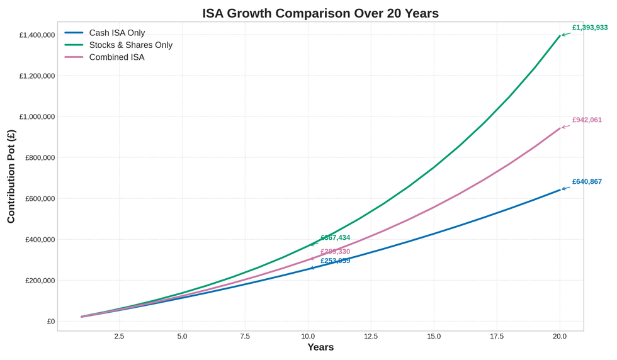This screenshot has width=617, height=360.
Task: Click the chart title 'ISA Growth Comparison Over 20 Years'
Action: (320, 13)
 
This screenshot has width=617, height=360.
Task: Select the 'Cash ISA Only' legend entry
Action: (116, 33)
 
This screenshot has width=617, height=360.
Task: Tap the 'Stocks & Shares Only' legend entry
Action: (130, 45)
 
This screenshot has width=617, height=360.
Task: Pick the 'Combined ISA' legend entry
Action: (116, 57)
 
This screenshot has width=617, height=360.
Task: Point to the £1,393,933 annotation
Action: (589, 28)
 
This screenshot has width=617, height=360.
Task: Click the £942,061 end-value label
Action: (587, 120)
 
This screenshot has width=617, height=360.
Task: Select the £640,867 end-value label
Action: (587, 181)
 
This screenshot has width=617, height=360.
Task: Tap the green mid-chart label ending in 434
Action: (335, 238)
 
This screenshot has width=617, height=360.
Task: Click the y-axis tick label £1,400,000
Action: (37, 35)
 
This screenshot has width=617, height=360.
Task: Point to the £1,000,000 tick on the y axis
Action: (37, 116)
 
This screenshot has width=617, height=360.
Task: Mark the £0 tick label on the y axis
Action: (50, 321)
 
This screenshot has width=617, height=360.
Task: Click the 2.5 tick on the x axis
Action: (119, 336)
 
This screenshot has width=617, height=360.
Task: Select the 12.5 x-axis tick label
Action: (371, 336)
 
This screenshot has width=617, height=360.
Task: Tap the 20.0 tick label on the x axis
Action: (560, 336)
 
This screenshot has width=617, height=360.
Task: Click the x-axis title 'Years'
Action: (320, 347)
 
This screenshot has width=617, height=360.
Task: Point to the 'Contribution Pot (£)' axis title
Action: (11, 176)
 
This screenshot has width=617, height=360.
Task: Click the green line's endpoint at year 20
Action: (560, 36)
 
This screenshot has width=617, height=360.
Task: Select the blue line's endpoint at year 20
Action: (560, 189)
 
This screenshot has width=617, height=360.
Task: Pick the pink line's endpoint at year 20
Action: (560, 128)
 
